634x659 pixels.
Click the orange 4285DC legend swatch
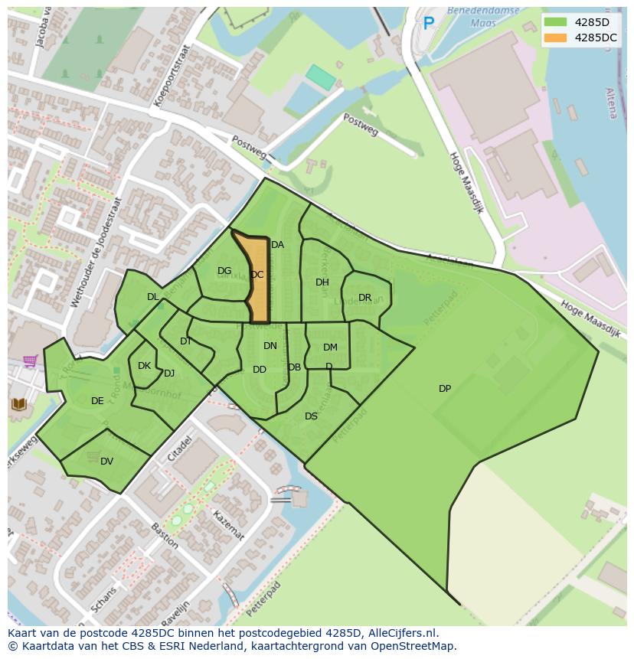point(556,38)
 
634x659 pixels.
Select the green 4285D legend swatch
point(556,22)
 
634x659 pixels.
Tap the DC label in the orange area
point(257,275)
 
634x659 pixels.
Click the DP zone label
point(445,389)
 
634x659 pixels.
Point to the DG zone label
point(224,271)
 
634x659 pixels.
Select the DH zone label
point(322,282)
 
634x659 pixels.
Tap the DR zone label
point(364,298)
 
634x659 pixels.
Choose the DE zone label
point(97,401)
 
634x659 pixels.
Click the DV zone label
point(106,461)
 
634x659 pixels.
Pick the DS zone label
point(311,416)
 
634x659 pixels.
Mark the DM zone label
point(330,347)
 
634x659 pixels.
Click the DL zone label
point(153,297)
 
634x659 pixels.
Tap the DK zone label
point(144,366)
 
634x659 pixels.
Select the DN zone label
point(270,346)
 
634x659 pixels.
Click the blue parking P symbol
point(429,24)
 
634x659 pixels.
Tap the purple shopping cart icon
point(30,361)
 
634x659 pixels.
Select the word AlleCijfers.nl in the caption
point(402,633)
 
